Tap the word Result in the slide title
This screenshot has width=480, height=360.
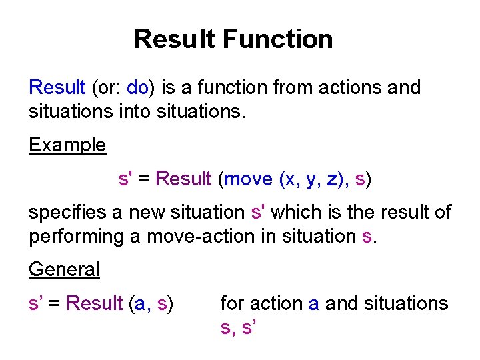[175, 39]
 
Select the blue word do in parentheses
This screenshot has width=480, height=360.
[137, 87]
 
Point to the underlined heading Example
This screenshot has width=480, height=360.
[67, 145]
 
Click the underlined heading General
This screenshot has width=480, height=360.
[64, 269]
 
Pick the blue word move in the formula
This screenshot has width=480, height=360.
[249, 179]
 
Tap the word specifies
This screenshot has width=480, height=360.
[68, 213]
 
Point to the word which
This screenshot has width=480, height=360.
[293, 213]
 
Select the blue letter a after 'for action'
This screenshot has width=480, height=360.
[313, 303]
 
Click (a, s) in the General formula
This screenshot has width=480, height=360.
[151, 303]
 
